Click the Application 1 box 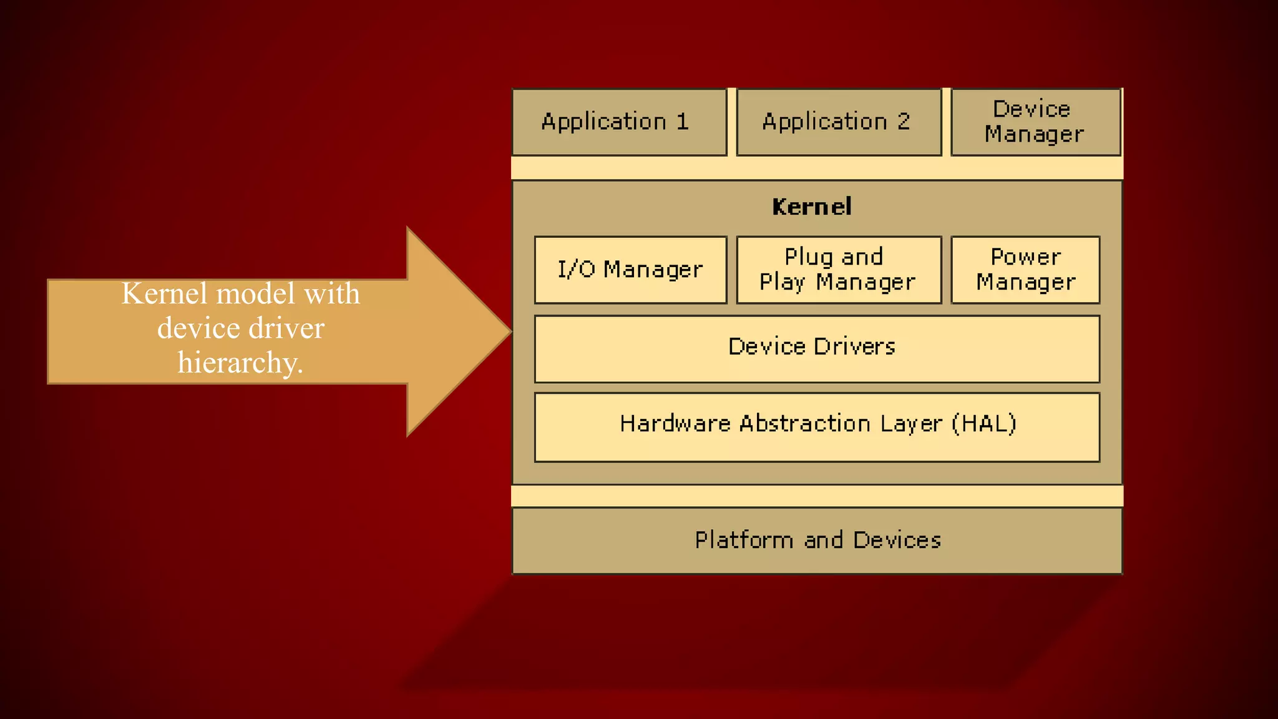tap(619, 122)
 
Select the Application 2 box tap(838, 122)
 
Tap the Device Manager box tap(1035, 122)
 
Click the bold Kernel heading tap(811, 207)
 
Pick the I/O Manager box tap(630, 270)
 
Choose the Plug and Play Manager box tap(838, 270)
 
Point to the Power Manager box tap(1025, 270)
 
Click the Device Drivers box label tap(811, 346)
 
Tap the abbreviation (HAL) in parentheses tap(984, 424)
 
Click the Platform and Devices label tap(817, 540)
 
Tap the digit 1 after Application tap(683, 121)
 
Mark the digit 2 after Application tap(904, 121)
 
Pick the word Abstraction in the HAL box tap(805, 424)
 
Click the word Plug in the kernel tap(808, 257)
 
